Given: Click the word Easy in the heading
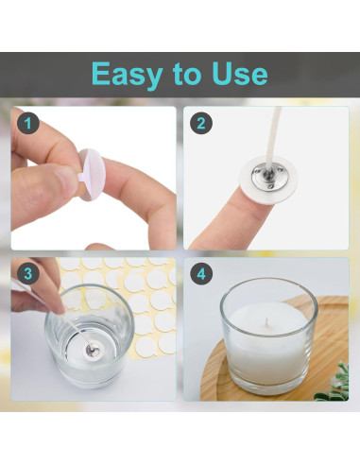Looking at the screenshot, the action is (x=128, y=76).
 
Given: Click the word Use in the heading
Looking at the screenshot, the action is (x=240, y=74).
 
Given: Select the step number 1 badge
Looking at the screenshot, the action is (x=28, y=123).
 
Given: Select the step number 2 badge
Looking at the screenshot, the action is (x=201, y=123).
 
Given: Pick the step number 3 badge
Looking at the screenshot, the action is (x=28, y=273).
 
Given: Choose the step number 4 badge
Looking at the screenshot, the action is (x=201, y=273).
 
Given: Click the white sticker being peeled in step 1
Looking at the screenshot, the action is (x=91, y=174).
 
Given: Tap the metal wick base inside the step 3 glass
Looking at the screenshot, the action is (x=93, y=350).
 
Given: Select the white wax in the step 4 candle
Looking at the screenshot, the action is (x=268, y=343).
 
